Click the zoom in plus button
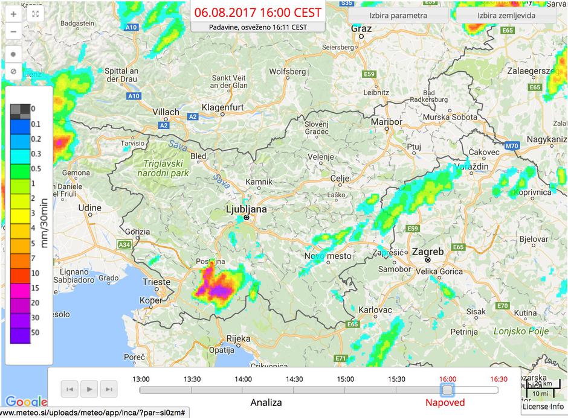pos(13,13)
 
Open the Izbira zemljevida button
pos(506,16)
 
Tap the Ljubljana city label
pos(245,209)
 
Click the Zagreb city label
pos(427,252)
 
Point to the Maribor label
pos(386,122)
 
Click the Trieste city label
pos(157,282)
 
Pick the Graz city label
pos(361,28)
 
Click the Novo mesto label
pos(327,256)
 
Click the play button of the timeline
pos(89,389)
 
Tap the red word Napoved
pos(445,402)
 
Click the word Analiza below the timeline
pos(266,402)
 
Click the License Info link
pos(543,407)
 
